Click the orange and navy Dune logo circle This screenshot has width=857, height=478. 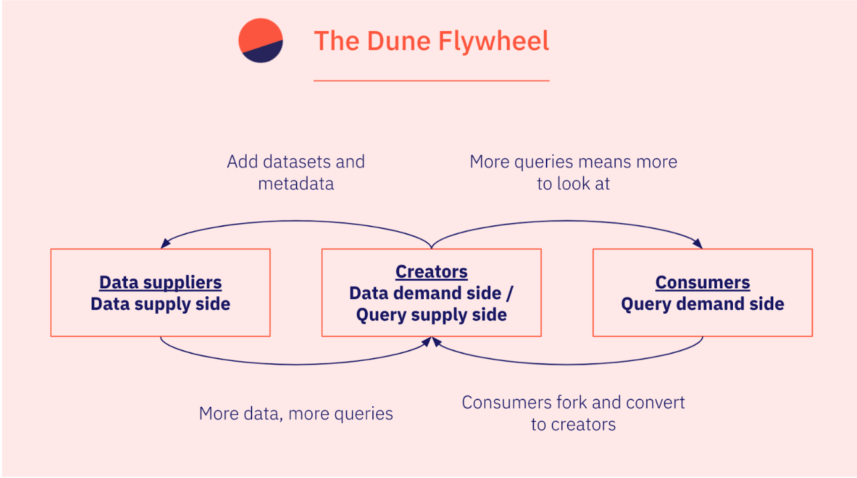[x=261, y=40]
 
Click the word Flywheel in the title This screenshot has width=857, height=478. [x=494, y=42]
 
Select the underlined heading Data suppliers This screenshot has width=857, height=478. [x=160, y=284]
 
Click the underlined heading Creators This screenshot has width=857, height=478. [x=432, y=272]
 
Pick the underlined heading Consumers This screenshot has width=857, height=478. [x=703, y=283]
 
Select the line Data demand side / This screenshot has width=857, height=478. [x=432, y=293]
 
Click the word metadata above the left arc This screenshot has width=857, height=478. [x=296, y=184]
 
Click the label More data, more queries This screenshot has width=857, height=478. [x=296, y=414]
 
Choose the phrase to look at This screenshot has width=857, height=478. [x=573, y=184]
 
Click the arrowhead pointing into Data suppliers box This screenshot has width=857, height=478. [x=165, y=243]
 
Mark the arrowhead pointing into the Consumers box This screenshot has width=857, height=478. [x=697, y=243]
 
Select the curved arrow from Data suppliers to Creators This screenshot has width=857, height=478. [x=295, y=364]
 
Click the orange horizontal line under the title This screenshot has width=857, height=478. [x=432, y=80]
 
